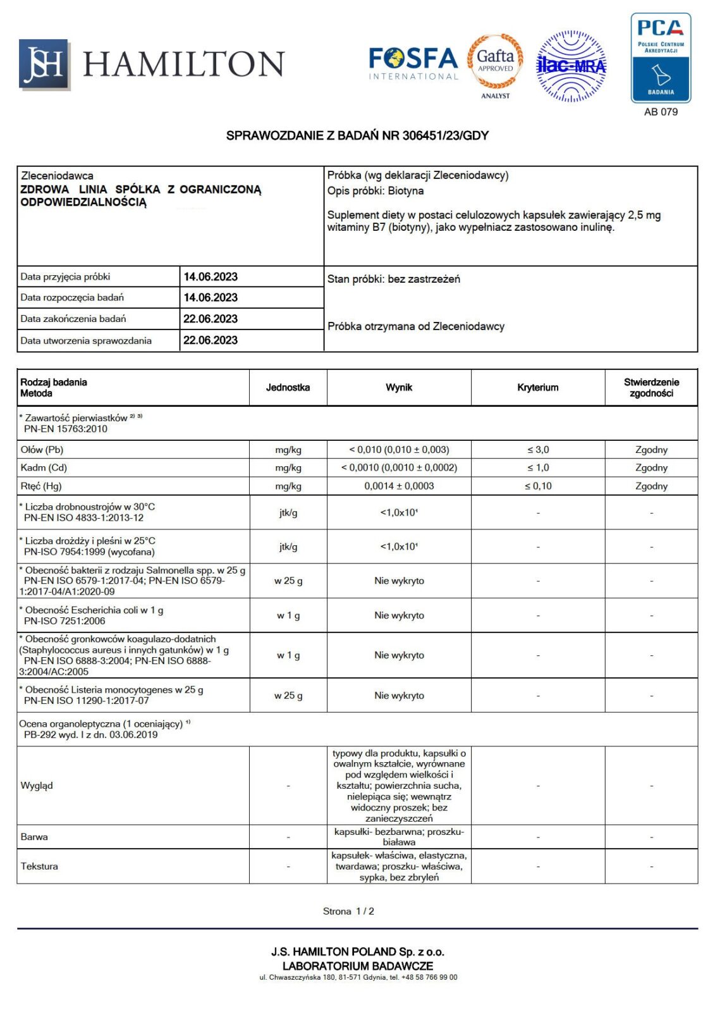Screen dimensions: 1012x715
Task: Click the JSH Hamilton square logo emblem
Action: tap(44, 64)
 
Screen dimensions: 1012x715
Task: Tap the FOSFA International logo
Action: tap(413, 63)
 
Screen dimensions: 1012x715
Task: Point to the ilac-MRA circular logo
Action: tap(571, 66)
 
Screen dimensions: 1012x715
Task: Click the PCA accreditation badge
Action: tap(661, 58)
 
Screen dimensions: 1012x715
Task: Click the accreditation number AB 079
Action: tap(661, 112)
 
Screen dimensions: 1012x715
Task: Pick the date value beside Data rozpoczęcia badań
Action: tap(211, 297)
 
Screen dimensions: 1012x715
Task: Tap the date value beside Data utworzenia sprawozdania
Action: tap(211, 340)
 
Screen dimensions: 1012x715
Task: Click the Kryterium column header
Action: tap(537, 388)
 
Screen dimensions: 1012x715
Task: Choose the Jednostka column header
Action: tap(288, 388)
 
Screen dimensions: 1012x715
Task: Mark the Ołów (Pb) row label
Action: tap(42, 450)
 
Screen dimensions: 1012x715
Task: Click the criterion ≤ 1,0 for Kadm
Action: tap(538, 467)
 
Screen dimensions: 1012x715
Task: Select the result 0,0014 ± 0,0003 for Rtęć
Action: tap(399, 486)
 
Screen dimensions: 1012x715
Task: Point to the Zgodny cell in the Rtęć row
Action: tap(651, 486)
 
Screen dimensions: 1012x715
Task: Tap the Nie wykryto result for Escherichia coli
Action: tap(399, 615)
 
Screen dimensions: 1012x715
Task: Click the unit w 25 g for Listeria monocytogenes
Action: tap(288, 696)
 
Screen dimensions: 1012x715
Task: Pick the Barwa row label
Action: tap(34, 837)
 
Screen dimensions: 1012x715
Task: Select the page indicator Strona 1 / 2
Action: tap(348, 911)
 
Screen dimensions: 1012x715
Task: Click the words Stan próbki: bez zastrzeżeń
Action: tap(394, 279)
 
